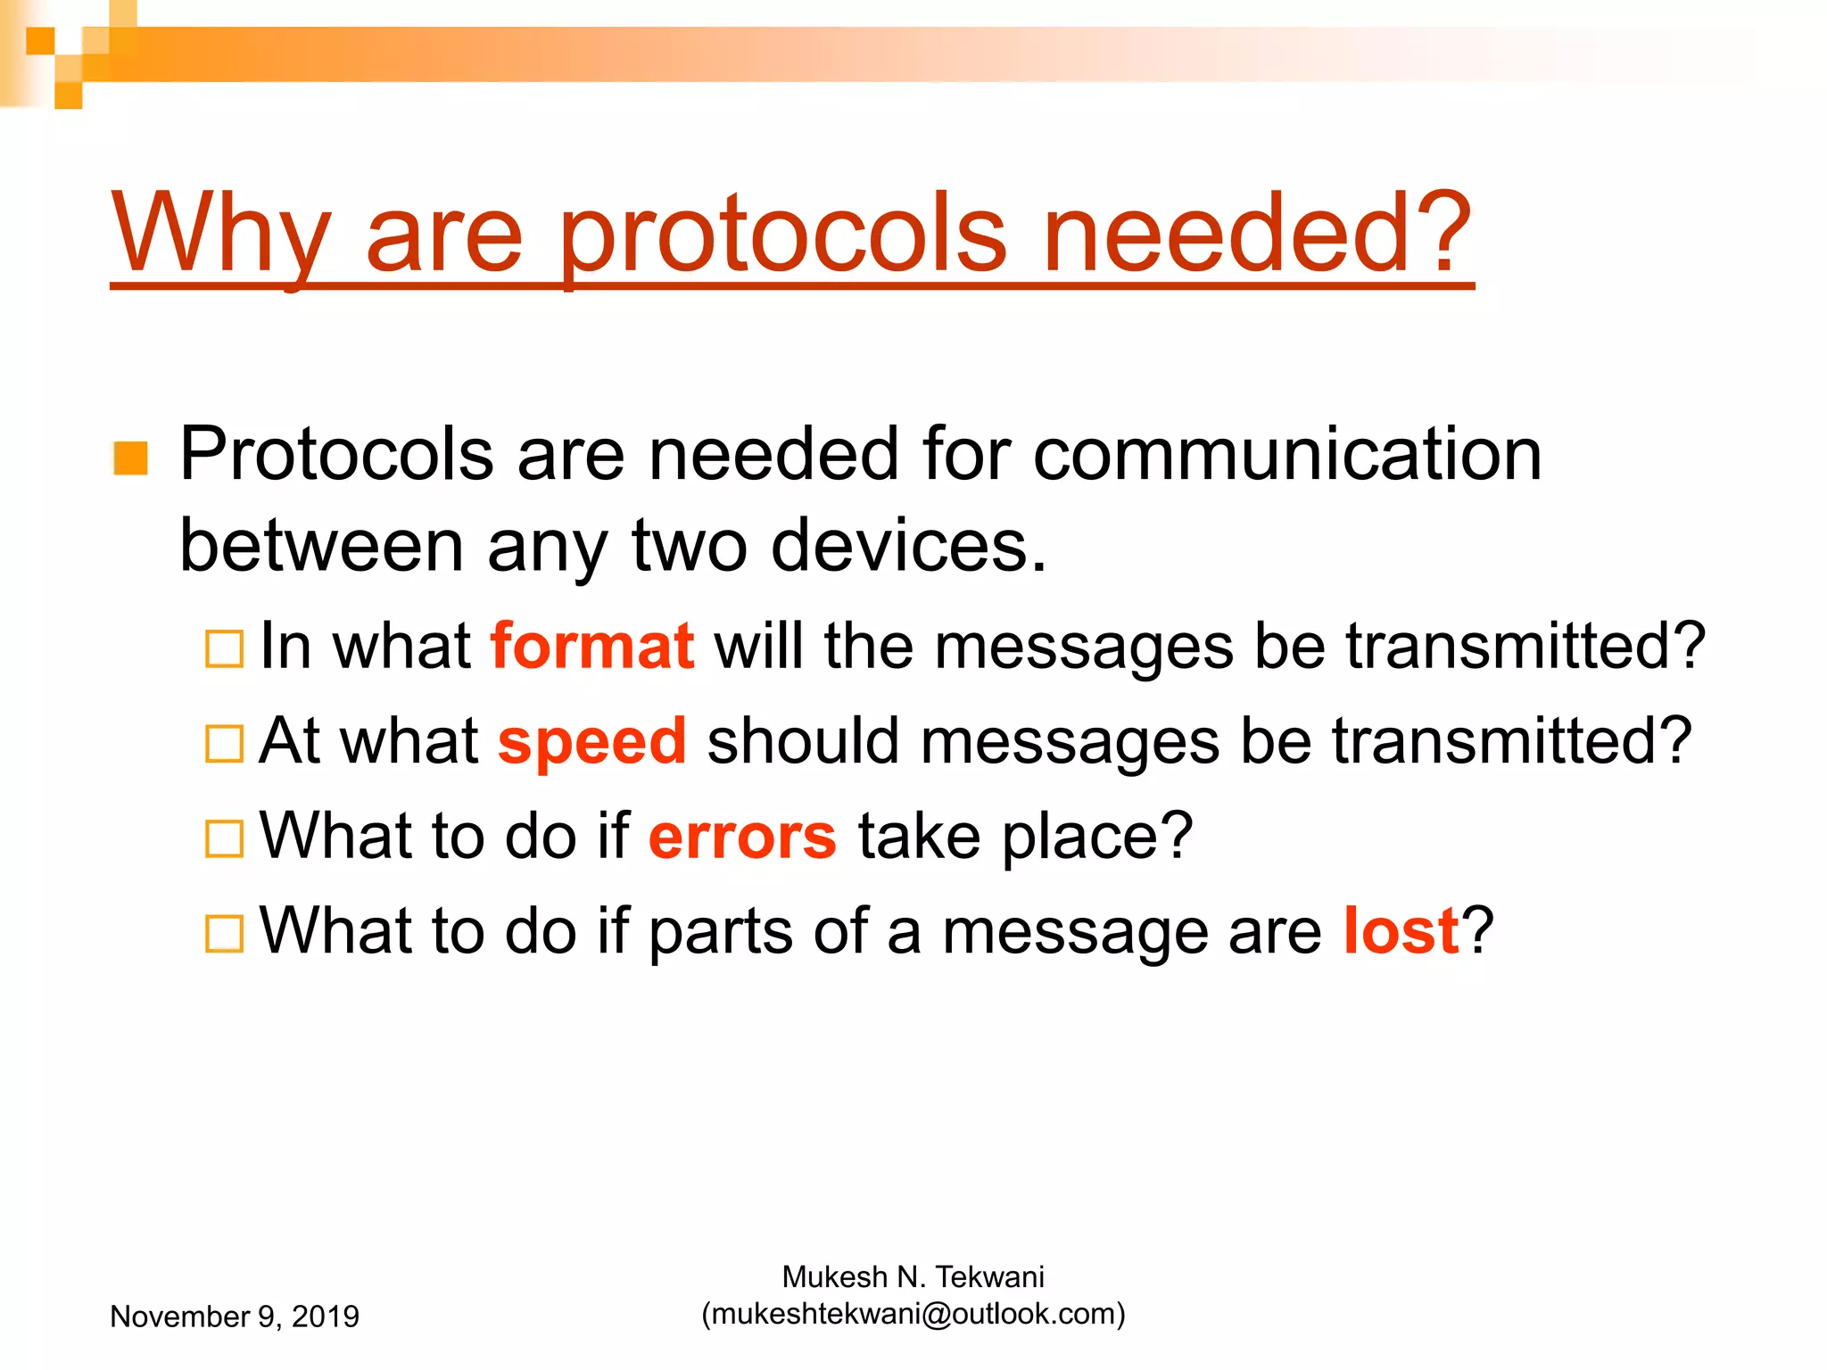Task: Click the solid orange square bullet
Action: [x=131, y=458]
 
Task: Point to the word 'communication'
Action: [x=1287, y=454]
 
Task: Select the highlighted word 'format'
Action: [x=592, y=646]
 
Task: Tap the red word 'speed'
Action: [x=592, y=742]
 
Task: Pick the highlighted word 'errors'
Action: [x=742, y=837]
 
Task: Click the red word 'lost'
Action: [x=1401, y=931]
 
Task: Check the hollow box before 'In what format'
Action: [x=224, y=649]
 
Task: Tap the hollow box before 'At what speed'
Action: [x=224, y=744]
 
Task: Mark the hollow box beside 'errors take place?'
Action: [x=224, y=838]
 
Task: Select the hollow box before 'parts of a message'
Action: [x=224, y=934]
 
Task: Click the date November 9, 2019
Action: [x=235, y=1316]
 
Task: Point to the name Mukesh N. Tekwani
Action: [x=913, y=1277]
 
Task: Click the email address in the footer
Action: [x=913, y=1314]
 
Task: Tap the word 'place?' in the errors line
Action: [x=1097, y=837]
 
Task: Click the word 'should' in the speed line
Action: [x=803, y=742]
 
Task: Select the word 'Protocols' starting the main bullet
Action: [x=336, y=454]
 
